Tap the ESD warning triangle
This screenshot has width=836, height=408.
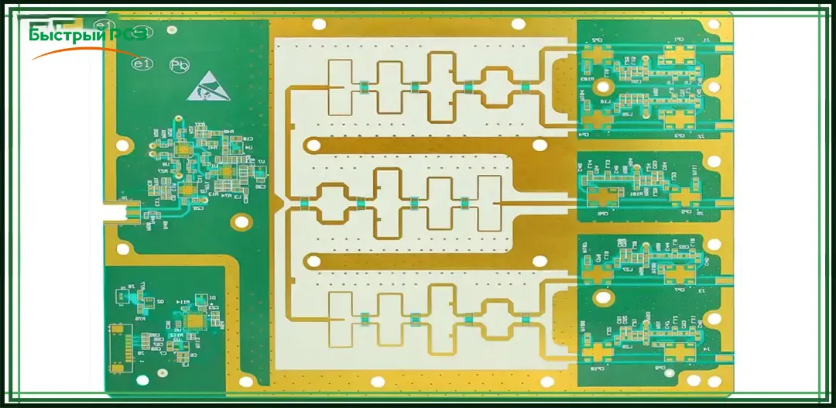(x=207, y=85)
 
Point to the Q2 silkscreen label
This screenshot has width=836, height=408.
(x=160, y=301)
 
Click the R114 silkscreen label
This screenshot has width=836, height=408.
(x=183, y=301)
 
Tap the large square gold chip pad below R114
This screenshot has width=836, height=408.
(x=192, y=318)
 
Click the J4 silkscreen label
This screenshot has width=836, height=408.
(x=706, y=350)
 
